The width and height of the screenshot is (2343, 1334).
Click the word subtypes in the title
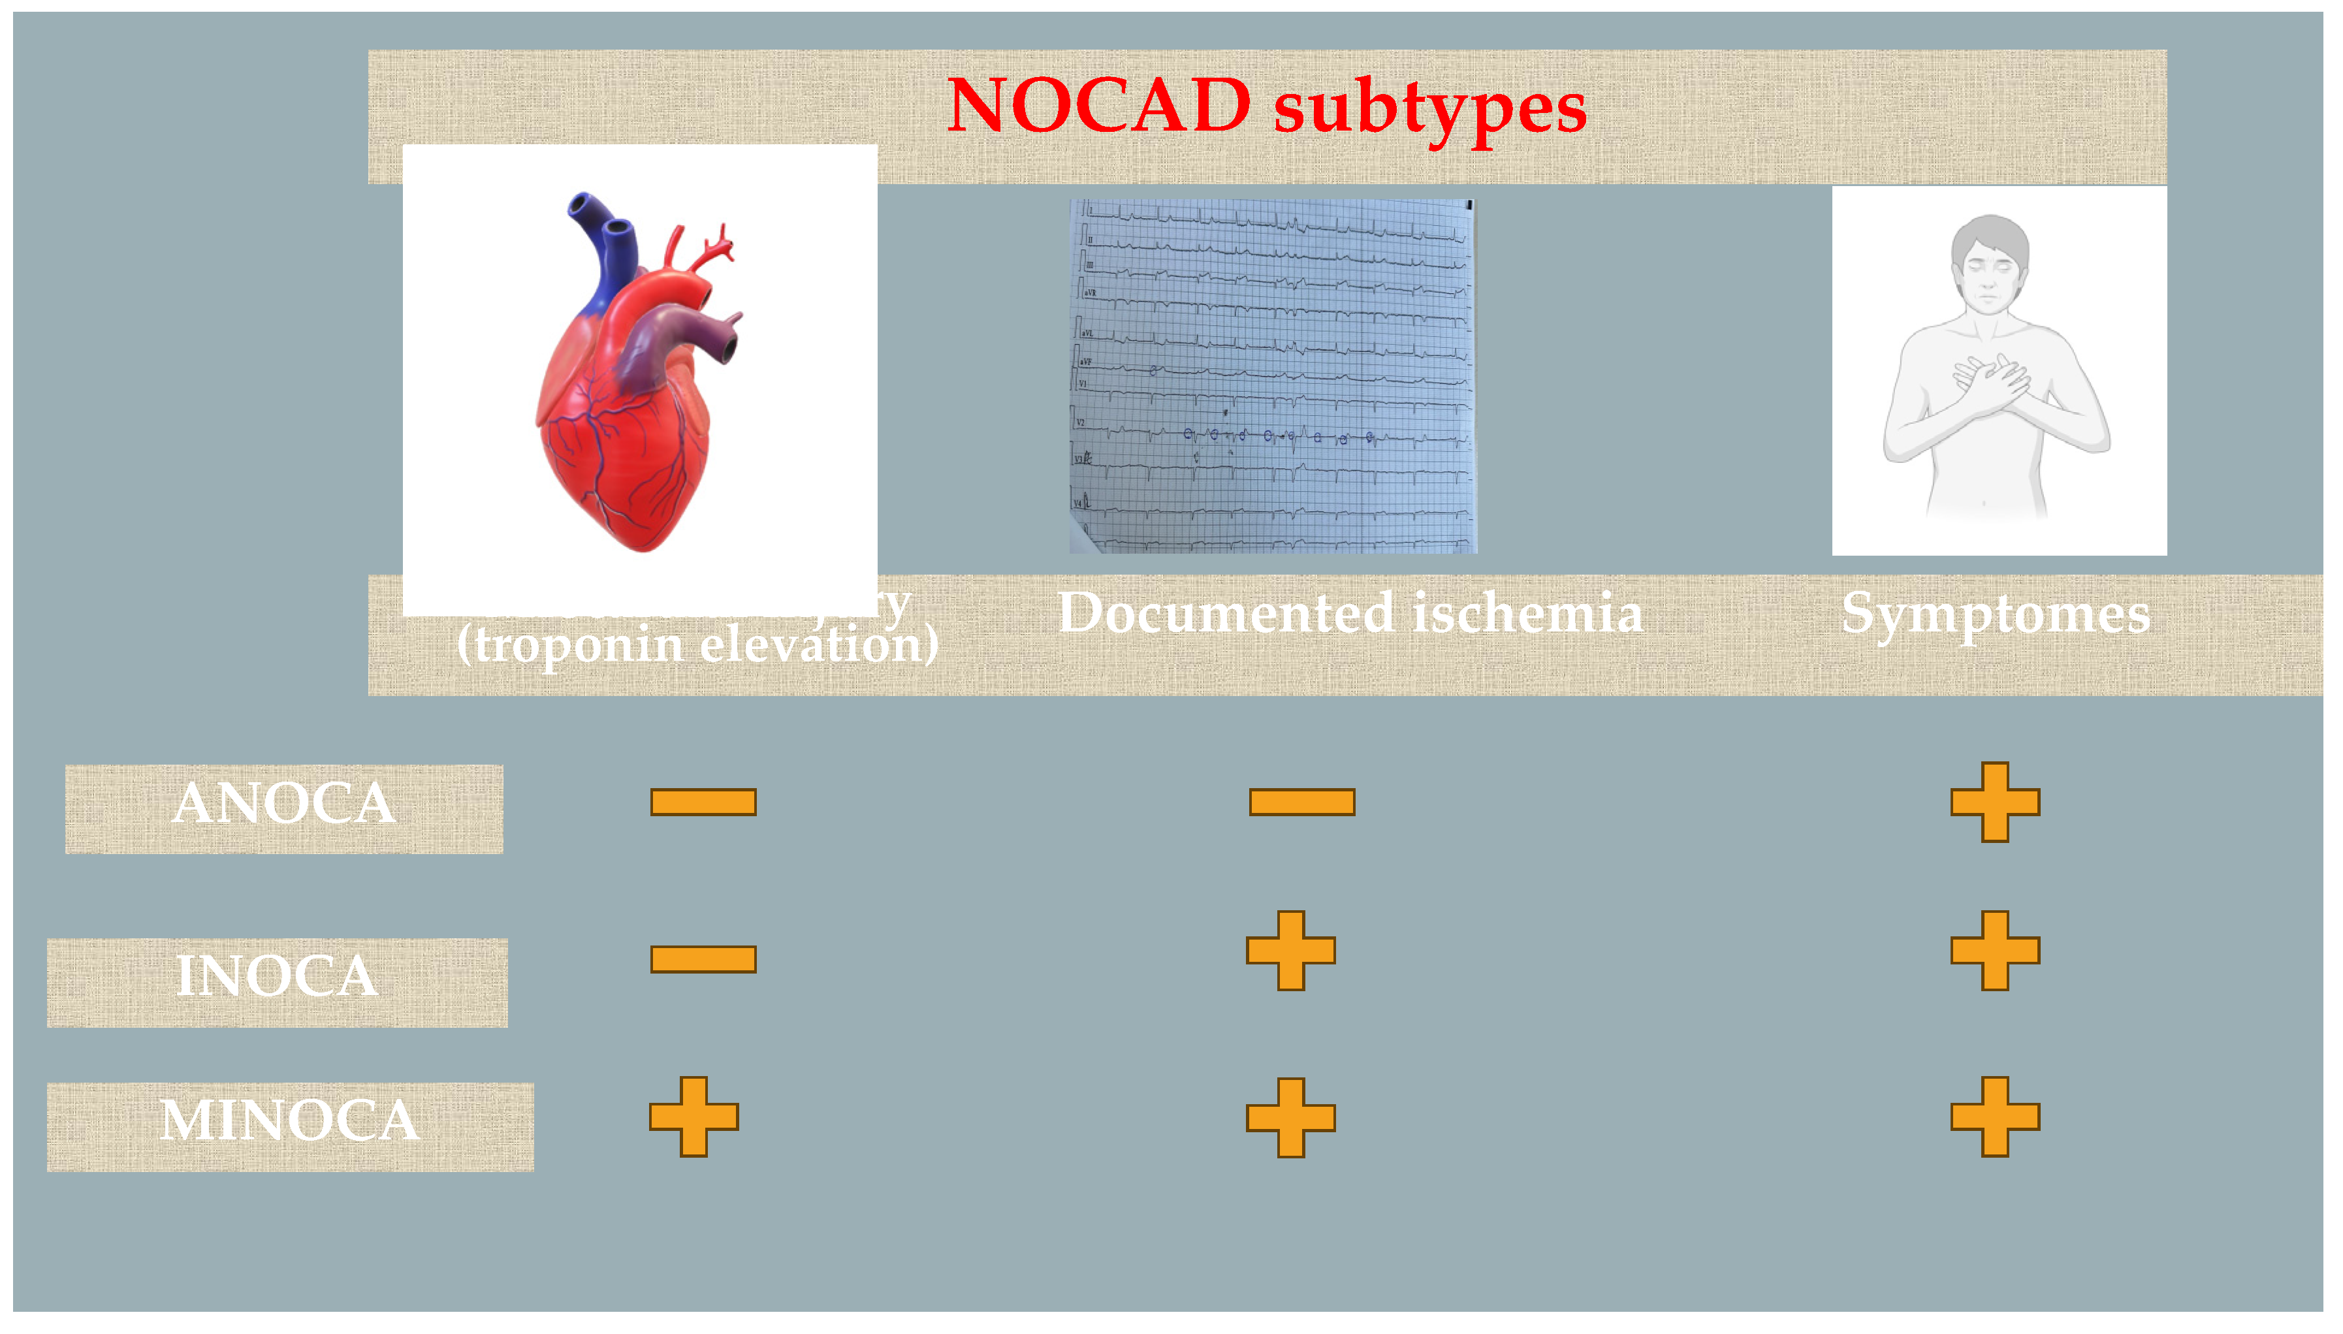[x=1429, y=110]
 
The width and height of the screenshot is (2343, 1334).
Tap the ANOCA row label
[x=284, y=805]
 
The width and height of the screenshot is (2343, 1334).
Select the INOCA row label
[x=277, y=977]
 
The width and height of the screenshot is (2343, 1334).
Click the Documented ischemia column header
[x=1350, y=613]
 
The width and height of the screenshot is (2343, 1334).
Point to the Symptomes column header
[x=1995, y=614]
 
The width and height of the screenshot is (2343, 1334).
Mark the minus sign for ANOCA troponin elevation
[x=703, y=802]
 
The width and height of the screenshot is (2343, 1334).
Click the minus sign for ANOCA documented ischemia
[x=1301, y=802]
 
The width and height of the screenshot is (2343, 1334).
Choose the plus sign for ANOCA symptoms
[x=1995, y=802]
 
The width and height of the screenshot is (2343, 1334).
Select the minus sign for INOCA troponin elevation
[x=703, y=959]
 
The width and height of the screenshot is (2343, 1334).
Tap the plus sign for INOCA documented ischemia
[x=1290, y=950]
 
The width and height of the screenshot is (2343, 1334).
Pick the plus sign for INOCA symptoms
[x=1995, y=950]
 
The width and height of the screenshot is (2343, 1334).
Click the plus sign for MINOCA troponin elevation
[x=693, y=1117]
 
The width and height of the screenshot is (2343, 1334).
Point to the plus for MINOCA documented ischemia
[x=1290, y=1117]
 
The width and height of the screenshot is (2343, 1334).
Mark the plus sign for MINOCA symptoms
[x=1995, y=1117]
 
